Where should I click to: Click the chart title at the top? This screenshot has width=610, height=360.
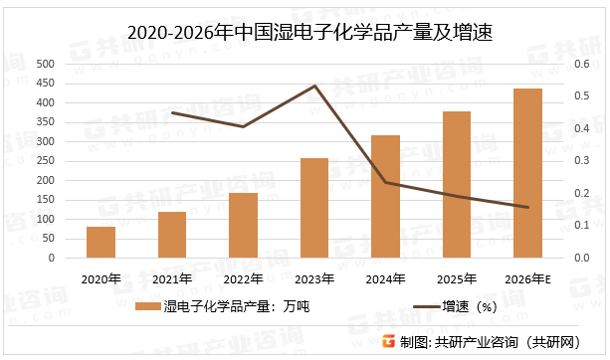pos(305,33)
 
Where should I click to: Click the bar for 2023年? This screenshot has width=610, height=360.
pos(314,208)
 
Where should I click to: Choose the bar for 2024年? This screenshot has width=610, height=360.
pos(385,197)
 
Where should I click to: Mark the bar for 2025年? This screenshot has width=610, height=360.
pos(457,185)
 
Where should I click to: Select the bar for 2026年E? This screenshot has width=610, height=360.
pos(527,174)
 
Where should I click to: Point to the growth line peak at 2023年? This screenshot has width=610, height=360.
pos(314,87)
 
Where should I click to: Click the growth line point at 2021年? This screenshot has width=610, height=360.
pos(172,113)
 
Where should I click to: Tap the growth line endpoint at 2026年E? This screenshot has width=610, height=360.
pos(527,208)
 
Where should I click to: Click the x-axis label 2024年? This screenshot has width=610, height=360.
pos(385,278)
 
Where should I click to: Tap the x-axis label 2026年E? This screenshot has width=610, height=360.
pos(527,278)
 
